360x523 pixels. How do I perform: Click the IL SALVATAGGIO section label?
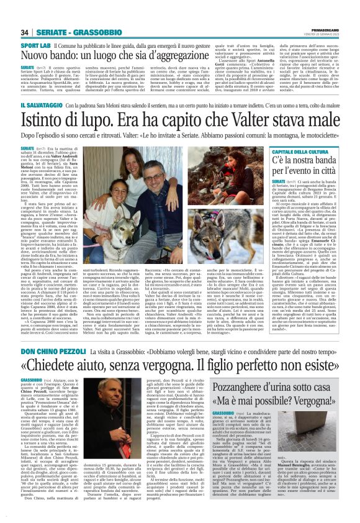[x=42, y=107]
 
